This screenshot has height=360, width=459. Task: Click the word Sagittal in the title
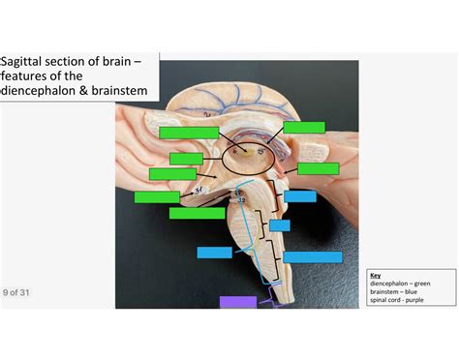26,62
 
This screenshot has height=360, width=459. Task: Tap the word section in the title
76,62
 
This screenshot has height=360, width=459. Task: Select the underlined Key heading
375,275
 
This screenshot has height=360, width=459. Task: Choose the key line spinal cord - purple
396,300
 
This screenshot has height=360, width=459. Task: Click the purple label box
238,302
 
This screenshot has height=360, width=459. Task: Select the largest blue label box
312,256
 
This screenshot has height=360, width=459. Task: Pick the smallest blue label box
279,225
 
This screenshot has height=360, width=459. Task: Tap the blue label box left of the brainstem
214,253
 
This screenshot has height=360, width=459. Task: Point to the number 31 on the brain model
199,190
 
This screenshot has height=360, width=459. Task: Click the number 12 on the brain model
242,200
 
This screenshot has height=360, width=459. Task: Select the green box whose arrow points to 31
157,196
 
